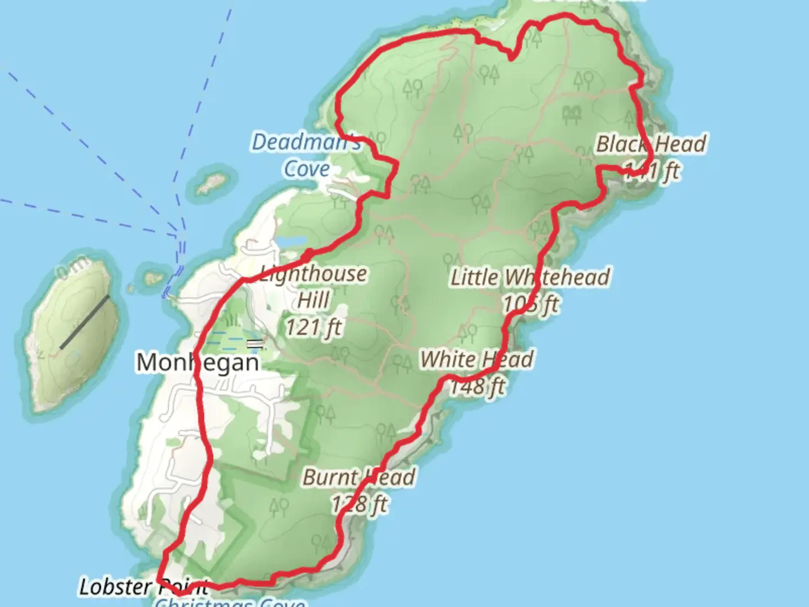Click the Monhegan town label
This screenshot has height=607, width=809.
point(198,363)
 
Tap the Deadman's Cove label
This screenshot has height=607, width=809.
point(306,155)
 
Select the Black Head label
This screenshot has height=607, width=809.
point(651,144)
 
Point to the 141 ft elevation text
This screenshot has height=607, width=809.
point(652,170)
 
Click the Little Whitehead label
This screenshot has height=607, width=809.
point(530,277)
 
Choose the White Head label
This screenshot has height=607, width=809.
point(477,359)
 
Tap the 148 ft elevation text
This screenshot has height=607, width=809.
point(478,386)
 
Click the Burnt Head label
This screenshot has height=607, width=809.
point(359,477)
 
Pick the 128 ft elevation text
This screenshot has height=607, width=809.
point(360,504)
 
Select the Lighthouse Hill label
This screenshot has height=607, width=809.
point(313,287)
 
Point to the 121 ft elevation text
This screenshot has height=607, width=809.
point(313,327)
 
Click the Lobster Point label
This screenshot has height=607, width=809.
point(144,587)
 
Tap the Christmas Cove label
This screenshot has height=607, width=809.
point(230,603)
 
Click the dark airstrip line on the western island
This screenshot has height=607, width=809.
point(85,321)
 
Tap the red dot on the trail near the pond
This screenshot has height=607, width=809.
point(307,256)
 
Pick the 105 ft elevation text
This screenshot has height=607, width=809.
point(531,304)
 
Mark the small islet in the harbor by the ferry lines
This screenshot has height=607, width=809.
point(152,278)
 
